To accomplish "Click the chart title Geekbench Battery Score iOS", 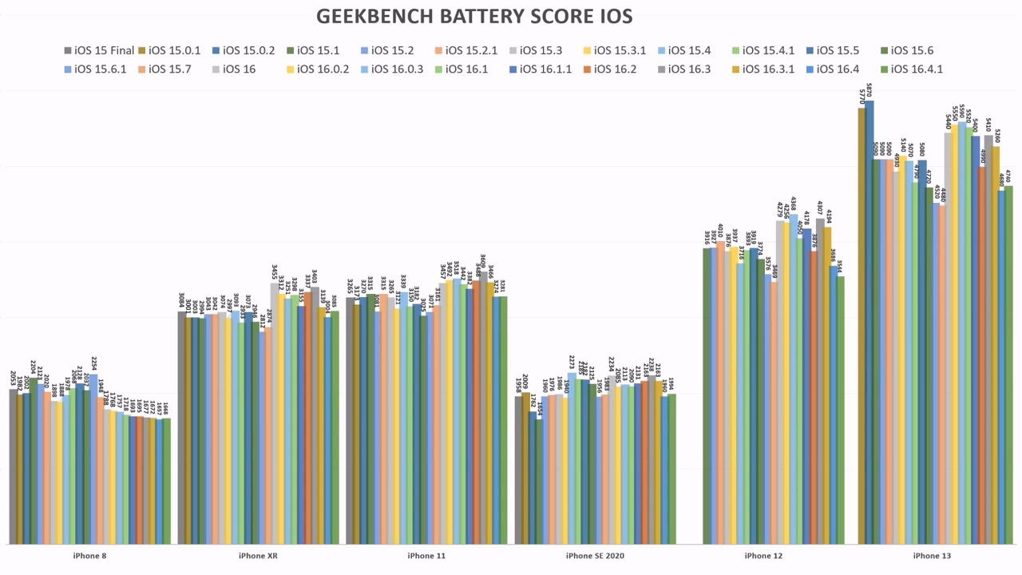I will (x=474, y=16).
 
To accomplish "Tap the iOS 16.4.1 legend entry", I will (x=917, y=69).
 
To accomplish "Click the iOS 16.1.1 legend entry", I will (x=545, y=69).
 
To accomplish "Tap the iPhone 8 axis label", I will (x=89, y=556).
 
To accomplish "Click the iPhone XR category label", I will (x=258, y=556).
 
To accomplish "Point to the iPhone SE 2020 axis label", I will (x=595, y=556).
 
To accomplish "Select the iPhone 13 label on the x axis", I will (x=932, y=556).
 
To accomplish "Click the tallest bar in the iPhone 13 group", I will (x=869, y=319).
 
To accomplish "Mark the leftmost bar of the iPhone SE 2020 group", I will (x=519, y=470).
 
